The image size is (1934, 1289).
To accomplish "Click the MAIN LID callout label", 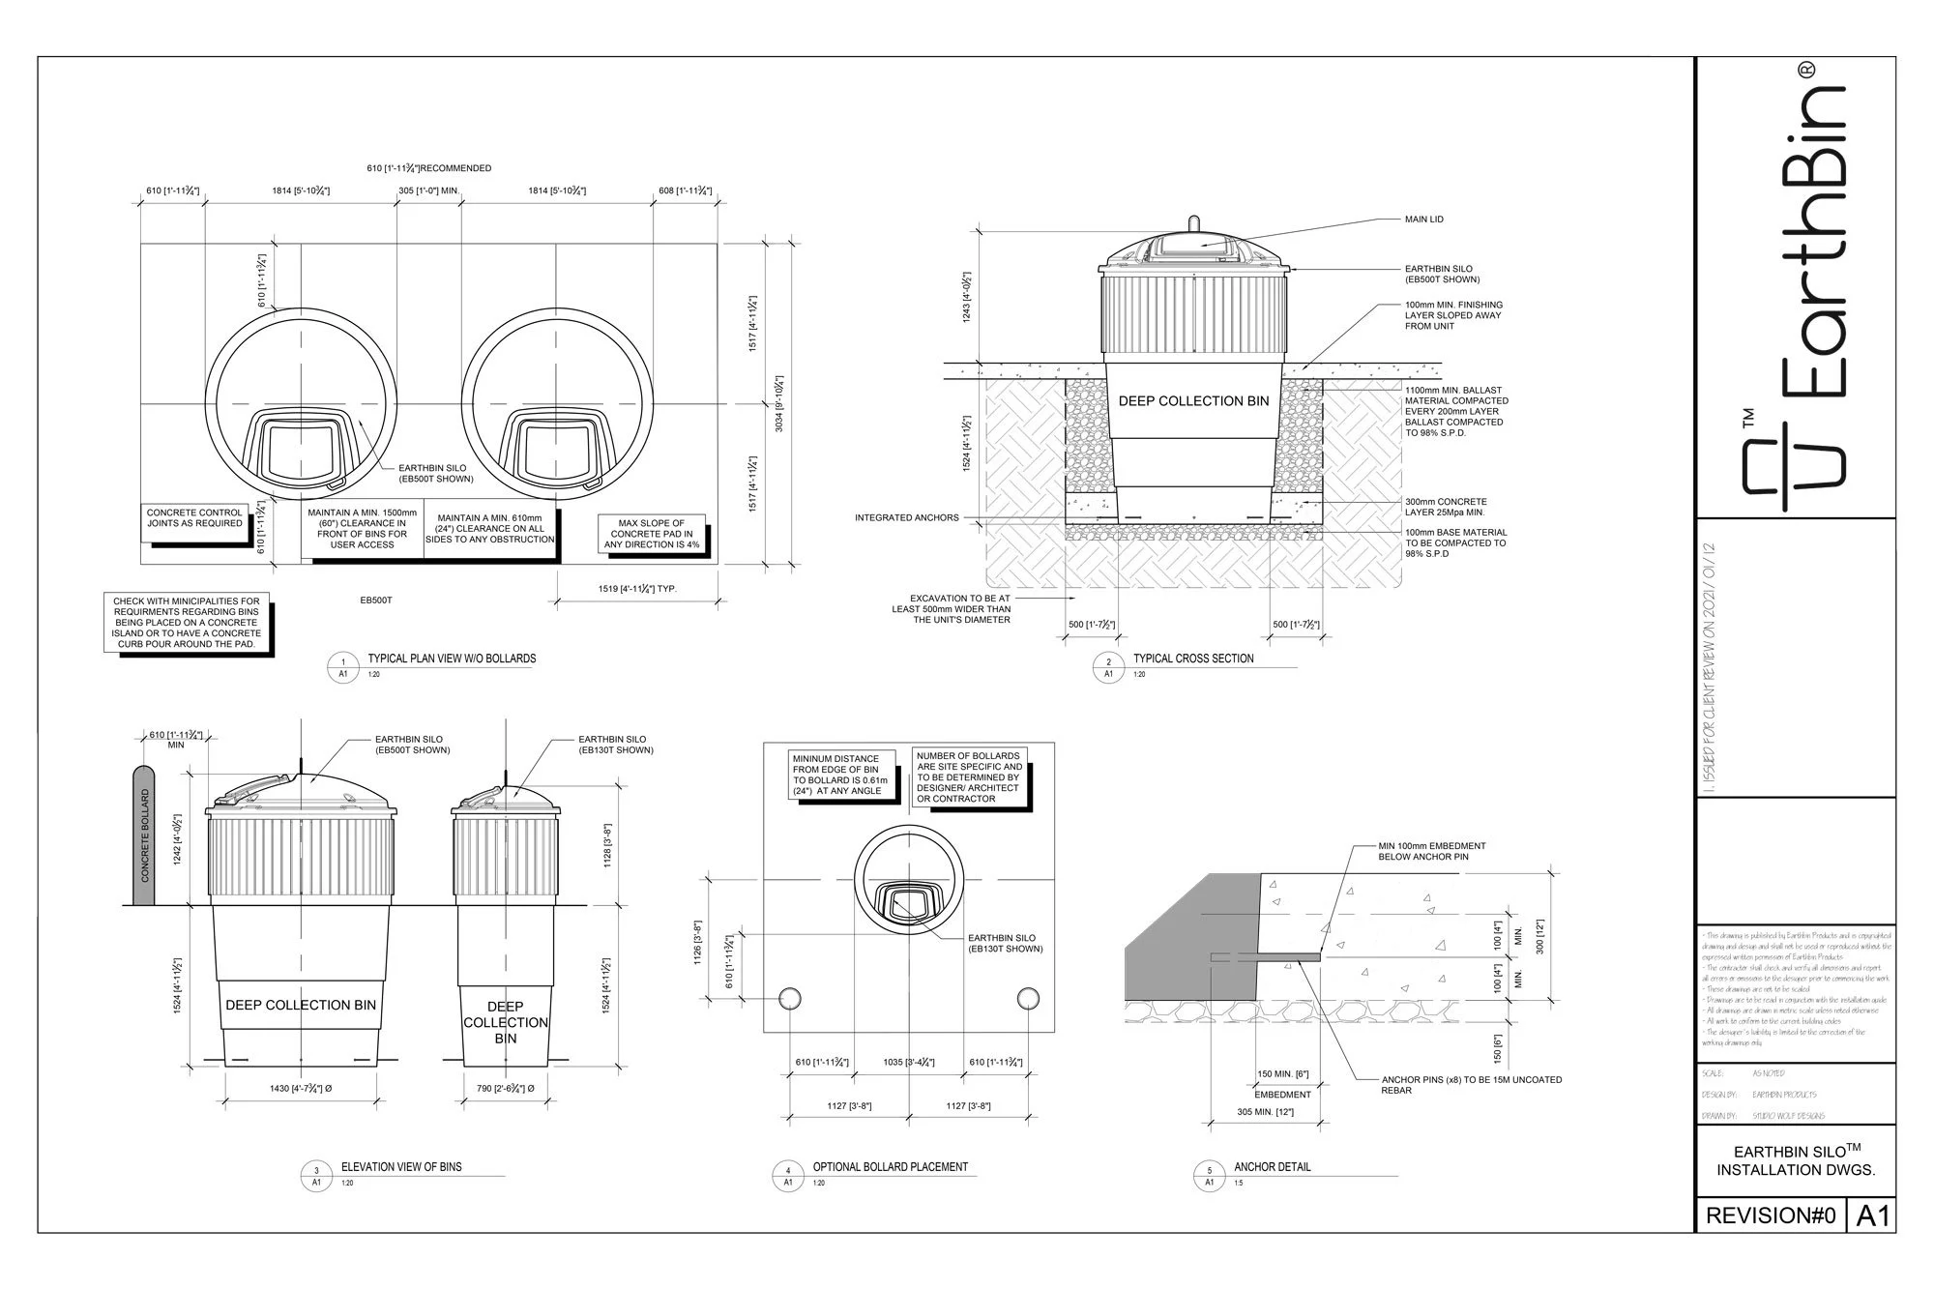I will pyautogui.click(x=1423, y=220).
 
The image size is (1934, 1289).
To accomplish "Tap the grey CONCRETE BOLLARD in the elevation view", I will pyautogui.click(x=143, y=837).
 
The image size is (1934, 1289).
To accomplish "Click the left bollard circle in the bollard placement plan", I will pyautogui.click(x=790, y=999).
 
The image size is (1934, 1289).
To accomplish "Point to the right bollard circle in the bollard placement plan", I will pyautogui.click(x=1028, y=999).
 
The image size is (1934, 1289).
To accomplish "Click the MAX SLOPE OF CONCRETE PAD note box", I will pyautogui.click(x=651, y=534).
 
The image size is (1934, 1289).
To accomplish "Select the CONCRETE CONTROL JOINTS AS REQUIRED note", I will pyautogui.click(x=194, y=518).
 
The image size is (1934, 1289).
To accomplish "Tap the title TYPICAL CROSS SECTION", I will pyautogui.click(x=1192, y=659).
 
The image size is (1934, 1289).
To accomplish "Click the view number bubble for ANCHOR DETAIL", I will pyautogui.click(x=1209, y=1176).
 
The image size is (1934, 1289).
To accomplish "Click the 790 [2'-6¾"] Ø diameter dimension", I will pyautogui.click(x=506, y=1089).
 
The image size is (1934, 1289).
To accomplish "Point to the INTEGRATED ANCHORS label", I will pyautogui.click(x=906, y=518).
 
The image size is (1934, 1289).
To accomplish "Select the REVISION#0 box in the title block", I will pyautogui.click(x=1770, y=1216).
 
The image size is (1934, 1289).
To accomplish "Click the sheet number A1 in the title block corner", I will pyautogui.click(x=1872, y=1216).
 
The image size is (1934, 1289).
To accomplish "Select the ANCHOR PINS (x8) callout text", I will pyautogui.click(x=1471, y=1085).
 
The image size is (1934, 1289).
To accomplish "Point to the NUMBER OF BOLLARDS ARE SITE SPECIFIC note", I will pyautogui.click(x=969, y=777).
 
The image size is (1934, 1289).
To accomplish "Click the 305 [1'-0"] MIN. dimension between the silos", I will pyautogui.click(x=428, y=191).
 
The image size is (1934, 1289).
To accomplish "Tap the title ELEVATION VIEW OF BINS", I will pyautogui.click(x=400, y=1167).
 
